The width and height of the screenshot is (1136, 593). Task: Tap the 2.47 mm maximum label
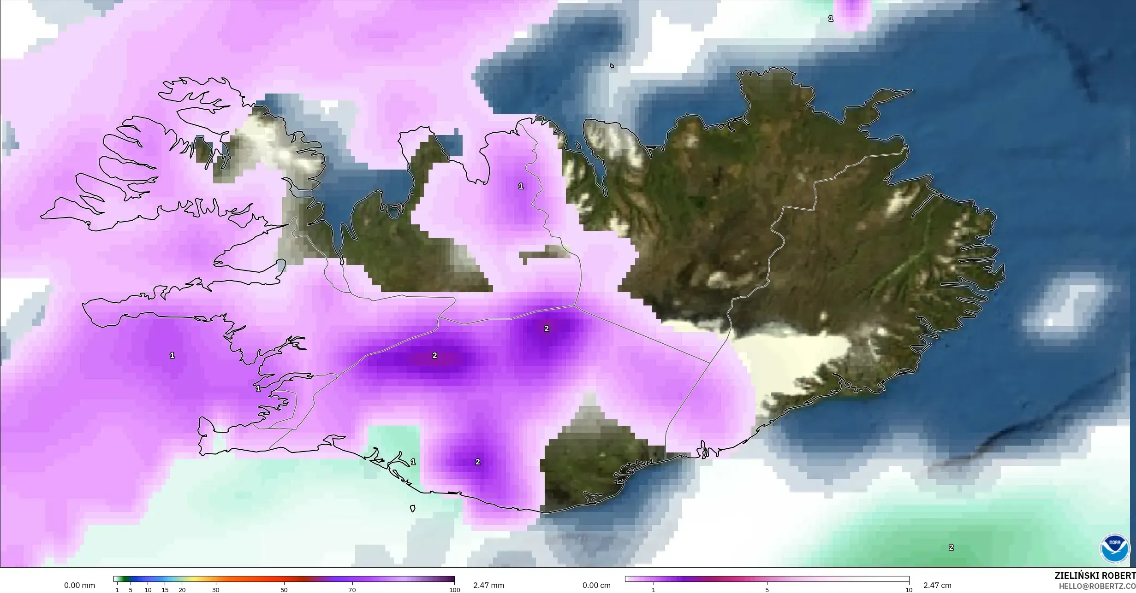[488, 585]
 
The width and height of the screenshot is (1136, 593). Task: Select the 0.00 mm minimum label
[80, 585]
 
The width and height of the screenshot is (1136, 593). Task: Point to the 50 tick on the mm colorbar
[284, 590]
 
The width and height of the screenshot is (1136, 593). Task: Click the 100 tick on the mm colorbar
[455, 590]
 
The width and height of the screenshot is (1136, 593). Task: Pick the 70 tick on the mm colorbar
[352, 590]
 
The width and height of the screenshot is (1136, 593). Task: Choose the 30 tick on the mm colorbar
[216, 590]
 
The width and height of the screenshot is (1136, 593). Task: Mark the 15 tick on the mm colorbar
[165, 590]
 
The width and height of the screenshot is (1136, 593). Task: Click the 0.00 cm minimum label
[596, 585]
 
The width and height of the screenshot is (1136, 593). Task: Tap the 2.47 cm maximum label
[937, 585]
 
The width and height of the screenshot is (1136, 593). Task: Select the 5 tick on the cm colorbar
[767, 590]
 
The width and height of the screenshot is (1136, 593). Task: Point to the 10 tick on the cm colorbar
[908, 590]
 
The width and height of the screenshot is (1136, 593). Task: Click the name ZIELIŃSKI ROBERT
[1095, 575]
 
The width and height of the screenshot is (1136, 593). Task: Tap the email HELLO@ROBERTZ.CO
[1097, 586]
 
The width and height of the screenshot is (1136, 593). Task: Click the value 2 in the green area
[951, 547]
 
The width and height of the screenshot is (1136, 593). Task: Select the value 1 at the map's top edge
[831, 19]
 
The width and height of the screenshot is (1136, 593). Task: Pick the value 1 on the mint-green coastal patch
[413, 462]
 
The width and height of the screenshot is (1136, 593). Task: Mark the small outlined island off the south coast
[412, 509]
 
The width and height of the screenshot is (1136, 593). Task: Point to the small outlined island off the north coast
[612, 66]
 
